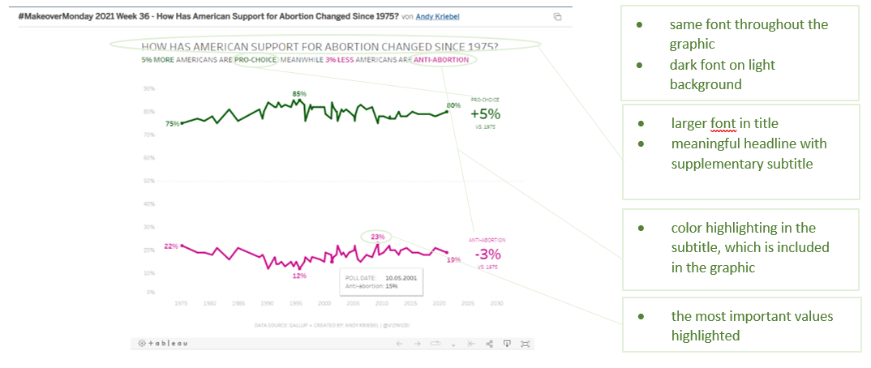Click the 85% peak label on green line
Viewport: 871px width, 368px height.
pyautogui.click(x=299, y=94)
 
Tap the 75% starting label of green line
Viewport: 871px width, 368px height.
pyautogui.click(x=172, y=124)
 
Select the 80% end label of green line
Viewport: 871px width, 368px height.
pyautogui.click(x=453, y=105)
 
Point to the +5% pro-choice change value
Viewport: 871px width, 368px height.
pyautogui.click(x=486, y=114)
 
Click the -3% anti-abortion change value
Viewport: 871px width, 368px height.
pyautogui.click(x=487, y=252)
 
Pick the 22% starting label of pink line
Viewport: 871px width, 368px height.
pyautogui.click(x=170, y=246)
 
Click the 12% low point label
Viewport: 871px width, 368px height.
pyautogui.click(x=299, y=276)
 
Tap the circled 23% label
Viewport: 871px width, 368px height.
pyautogui.click(x=377, y=237)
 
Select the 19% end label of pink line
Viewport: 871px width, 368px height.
pyautogui.click(x=453, y=259)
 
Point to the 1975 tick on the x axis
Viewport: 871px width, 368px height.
pyautogui.click(x=182, y=303)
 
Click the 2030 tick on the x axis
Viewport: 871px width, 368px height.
pyautogui.click(x=497, y=303)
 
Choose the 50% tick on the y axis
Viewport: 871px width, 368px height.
pyautogui.click(x=148, y=181)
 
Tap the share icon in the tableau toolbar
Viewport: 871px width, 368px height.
pyautogui.click(x=489, y=344)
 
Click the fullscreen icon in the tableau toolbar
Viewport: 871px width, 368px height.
pyautogui.click(x=525, y=344)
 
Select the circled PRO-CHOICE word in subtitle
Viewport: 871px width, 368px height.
pyautogui.click(x=255, y=60)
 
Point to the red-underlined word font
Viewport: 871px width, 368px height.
pyautogui.click(x=723, y=123)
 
